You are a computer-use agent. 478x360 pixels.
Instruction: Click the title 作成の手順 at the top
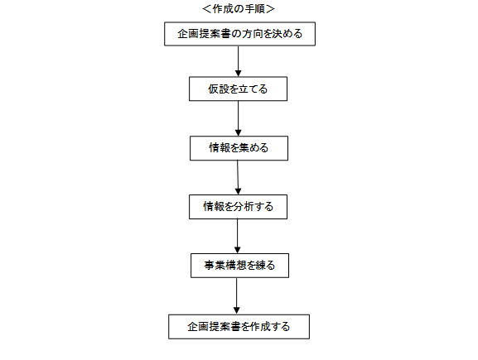point(239,9)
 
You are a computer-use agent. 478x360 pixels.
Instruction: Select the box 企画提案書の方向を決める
point(239,34)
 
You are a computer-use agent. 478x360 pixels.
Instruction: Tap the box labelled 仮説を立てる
point(238,89)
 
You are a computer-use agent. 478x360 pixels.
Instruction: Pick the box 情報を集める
point(239,148)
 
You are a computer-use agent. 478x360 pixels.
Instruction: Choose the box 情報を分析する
point(238,207)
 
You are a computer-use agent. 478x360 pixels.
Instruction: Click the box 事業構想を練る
point(239,266)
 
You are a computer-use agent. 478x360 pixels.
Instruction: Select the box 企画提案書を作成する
point(239,327)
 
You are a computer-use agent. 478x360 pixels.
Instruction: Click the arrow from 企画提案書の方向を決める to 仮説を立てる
point(239,61)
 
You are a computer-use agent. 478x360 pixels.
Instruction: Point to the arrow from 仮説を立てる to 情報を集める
point(239,118)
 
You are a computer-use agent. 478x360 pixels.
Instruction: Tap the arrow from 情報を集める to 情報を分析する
point(238,178)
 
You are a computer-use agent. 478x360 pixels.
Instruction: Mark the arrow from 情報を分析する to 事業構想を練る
point(238,237)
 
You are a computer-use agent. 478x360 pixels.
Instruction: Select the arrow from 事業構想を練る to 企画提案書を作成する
point(237,296)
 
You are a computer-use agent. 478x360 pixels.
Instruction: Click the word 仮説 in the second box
point(220,89)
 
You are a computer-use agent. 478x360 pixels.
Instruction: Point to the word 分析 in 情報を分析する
point(244,207)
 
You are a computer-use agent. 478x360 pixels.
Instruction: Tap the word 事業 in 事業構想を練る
point(215,266)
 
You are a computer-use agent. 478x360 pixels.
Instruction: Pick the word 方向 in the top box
point(253,33)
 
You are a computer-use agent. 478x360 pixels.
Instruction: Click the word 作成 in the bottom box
point(260,327)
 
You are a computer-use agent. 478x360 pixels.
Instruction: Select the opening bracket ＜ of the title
point(207,9)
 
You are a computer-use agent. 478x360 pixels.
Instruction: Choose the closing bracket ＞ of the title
point(270,9)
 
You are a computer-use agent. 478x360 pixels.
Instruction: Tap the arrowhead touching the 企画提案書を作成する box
point(237,311)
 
